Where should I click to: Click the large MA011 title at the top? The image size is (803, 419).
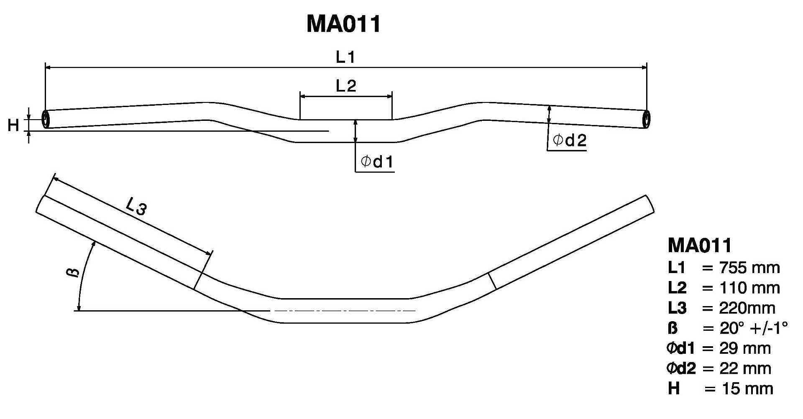pos(344,24)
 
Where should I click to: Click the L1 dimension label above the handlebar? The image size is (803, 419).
pos(345,57)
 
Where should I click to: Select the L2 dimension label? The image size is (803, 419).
pos(346,86)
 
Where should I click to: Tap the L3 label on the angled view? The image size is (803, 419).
pos(136,206)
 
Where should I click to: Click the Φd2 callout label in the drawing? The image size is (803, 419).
pos(570,141)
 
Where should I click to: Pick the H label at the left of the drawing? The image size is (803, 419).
pos(13,125)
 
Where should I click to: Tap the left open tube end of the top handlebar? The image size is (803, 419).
pos(46,119)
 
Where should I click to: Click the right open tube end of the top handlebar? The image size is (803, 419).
pos(646,120)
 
